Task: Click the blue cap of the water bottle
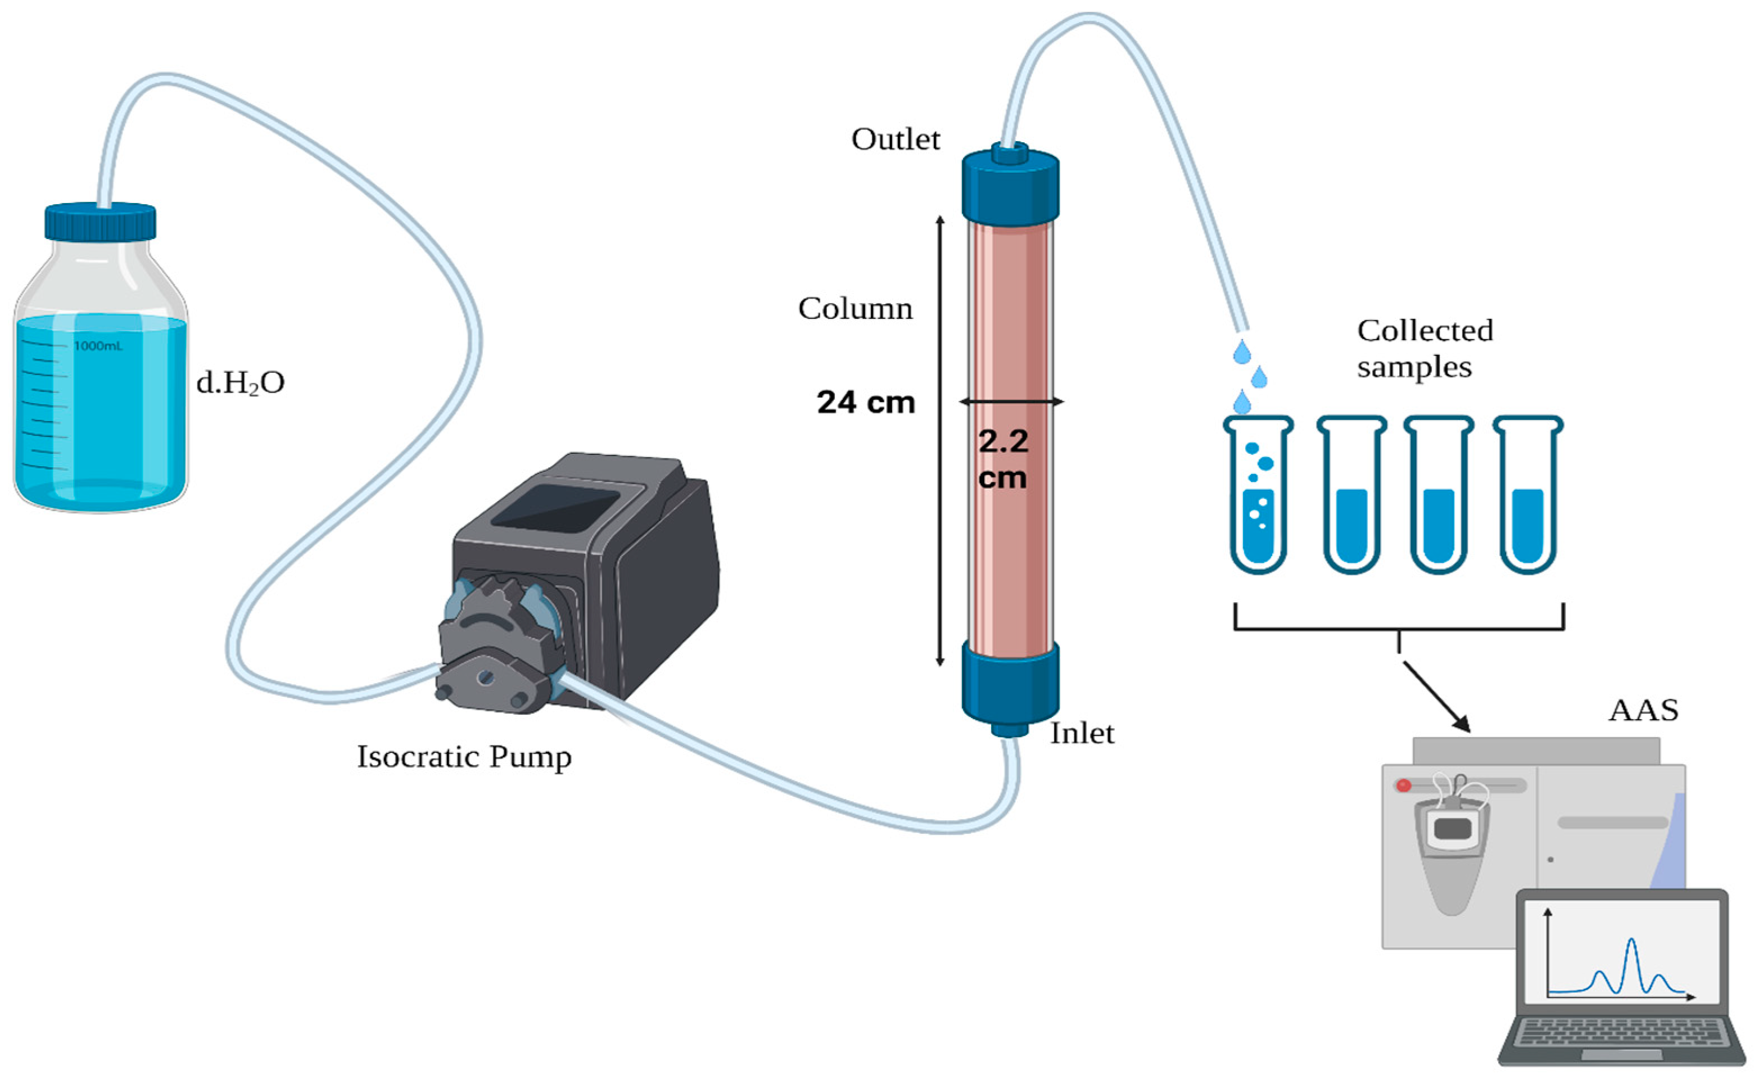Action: point(100,222)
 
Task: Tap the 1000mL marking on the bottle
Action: point(98,346)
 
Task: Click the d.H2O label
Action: point(240,383)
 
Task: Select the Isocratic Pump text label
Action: point(464,757)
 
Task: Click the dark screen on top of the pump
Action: point(555,507)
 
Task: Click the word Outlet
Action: point(895,139)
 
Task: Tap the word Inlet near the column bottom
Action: point(1081,733)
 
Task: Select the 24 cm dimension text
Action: point(866,402)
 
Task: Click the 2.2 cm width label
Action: point(1003,459)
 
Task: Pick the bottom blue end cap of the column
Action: point(1010,684)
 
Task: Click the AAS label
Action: point(1643,710)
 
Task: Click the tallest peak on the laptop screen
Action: point(1631,942)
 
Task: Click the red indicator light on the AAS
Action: point(1403,785)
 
